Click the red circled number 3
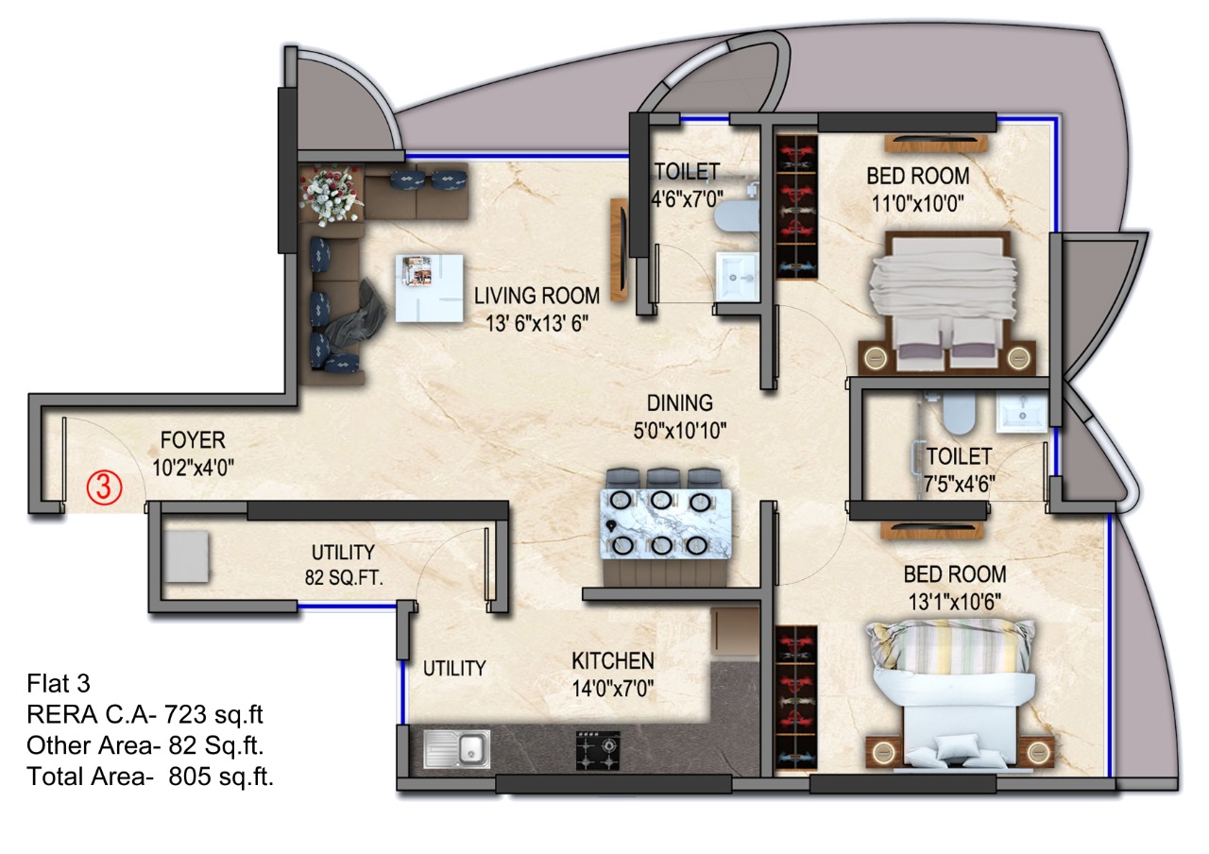pyautogui.click(x=104, y=488)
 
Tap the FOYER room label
pyautogui.click(x=193, y=440)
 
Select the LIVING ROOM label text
pyautogui.click(x=537, y=296)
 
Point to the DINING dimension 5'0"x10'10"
pyautogui.click(x=680, y=432)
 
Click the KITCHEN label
pyautogui.click(x=613, y=660)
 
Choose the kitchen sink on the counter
pyautogui.click(x=457, y=749)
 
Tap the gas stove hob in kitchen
pyautogui.click(x=598, y=750)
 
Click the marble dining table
pyautogui.click(x=666, y=523)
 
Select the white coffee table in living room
pyautogui.click(x=429, y=288)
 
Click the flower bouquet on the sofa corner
pyautogui.click(x=331, y=196)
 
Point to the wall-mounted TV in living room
pyautogui.click(x=620, y=249)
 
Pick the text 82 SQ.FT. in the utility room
pyautogui.click(x=344, y=578)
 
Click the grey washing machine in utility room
pyautogui.click(x=186, y=557)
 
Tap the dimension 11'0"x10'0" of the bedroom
pyautogui.click(x=918, y=204)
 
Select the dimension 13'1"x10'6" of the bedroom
pyautogui.click(x=955, y=602)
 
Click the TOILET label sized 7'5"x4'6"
pyautogui.click(x=959, y=456)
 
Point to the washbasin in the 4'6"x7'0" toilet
pyautogui.click(x=738, y=276)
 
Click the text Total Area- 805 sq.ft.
pyautogui.click(x=150, y=777)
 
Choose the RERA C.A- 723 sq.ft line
pyautogui.click(x=145, y=715)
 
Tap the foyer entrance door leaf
pyautogui.click(x=64, y=464)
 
